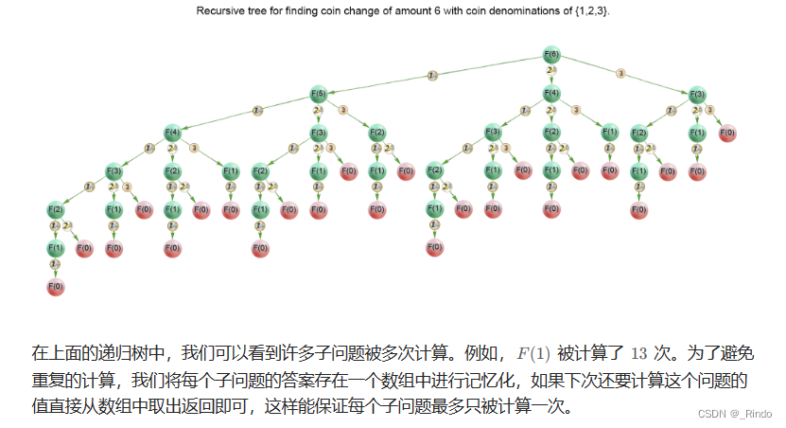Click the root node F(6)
click(551, 54)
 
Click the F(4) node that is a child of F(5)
click(173, 132)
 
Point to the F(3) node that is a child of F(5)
click(319, 132)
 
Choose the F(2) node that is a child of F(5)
click(376, 132)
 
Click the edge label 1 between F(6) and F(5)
click(431, 74)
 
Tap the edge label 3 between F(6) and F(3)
click(621, 73)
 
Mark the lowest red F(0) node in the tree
click(56, 286)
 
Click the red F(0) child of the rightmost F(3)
click(726, 132)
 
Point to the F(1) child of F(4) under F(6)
click(609, 132)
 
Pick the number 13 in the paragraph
click(638, 354)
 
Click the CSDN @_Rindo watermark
click(734, 414)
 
